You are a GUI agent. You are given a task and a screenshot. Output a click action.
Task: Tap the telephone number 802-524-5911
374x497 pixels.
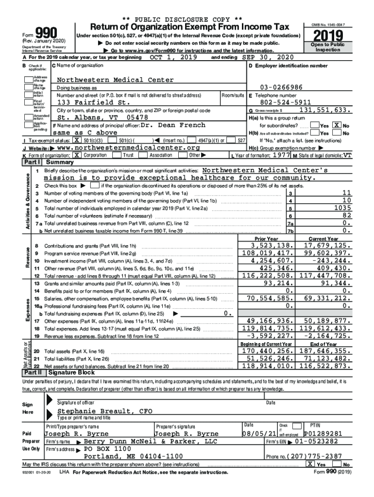[x=286, y=102]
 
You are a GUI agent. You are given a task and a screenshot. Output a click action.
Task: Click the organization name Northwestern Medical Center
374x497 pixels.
[x=106, y=80]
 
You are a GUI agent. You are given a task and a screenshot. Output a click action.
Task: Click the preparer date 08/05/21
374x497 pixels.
[x=258, y=433]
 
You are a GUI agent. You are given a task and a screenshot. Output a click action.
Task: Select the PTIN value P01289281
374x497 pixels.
[x=323, y=433]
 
